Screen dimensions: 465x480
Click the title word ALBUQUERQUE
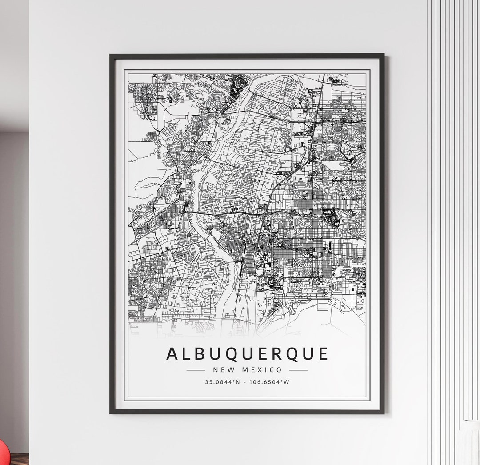tap(247, 354)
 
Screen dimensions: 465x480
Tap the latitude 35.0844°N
tap(223, 381)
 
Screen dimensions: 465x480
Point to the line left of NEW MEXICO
tap(196, 369)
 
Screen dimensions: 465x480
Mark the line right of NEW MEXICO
tap(298, 369)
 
